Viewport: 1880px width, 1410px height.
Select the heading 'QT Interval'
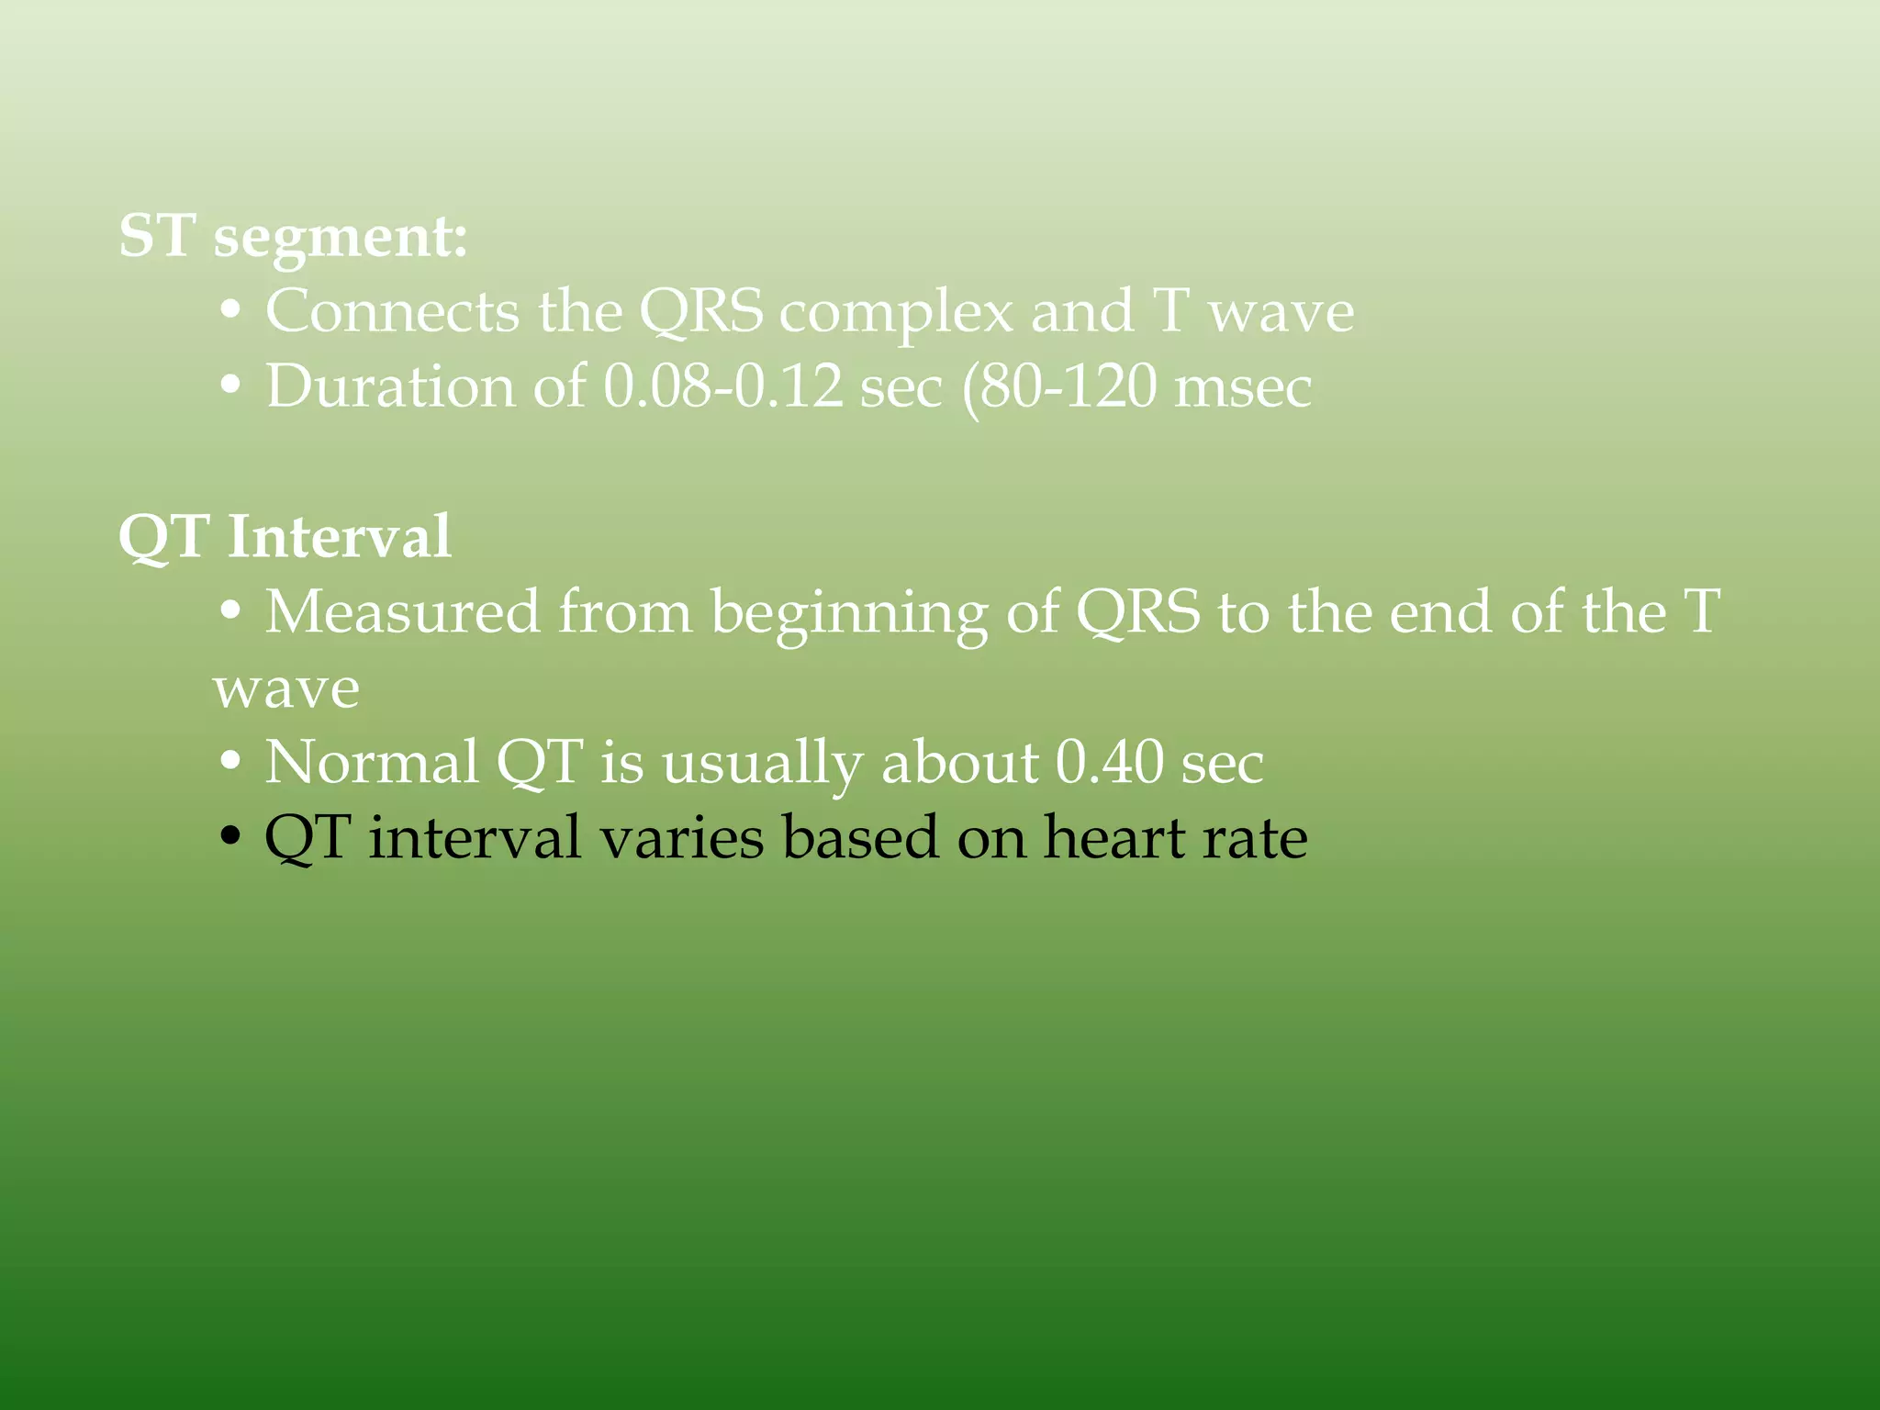coord(285,537)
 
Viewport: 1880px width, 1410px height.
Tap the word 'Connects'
coord(392,312)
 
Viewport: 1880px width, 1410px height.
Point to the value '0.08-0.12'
coord(722,386)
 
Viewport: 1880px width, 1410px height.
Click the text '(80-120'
coord(1058,386)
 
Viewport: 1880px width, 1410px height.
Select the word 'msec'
coord(1243,386)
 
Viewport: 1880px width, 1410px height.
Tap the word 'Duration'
coord(390,386)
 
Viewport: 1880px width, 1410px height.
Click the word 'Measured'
coord(402,612)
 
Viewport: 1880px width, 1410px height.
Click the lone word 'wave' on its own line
coord(286,689)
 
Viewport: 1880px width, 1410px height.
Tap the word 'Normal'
coord(372,762)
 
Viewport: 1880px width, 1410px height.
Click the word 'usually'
coord(762,764)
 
